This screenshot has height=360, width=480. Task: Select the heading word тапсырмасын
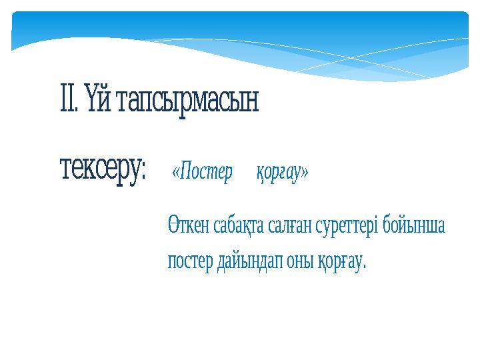coord(187,102)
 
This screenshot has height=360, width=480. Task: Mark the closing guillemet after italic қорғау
coord(305,173)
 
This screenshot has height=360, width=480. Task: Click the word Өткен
coord(189,226)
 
